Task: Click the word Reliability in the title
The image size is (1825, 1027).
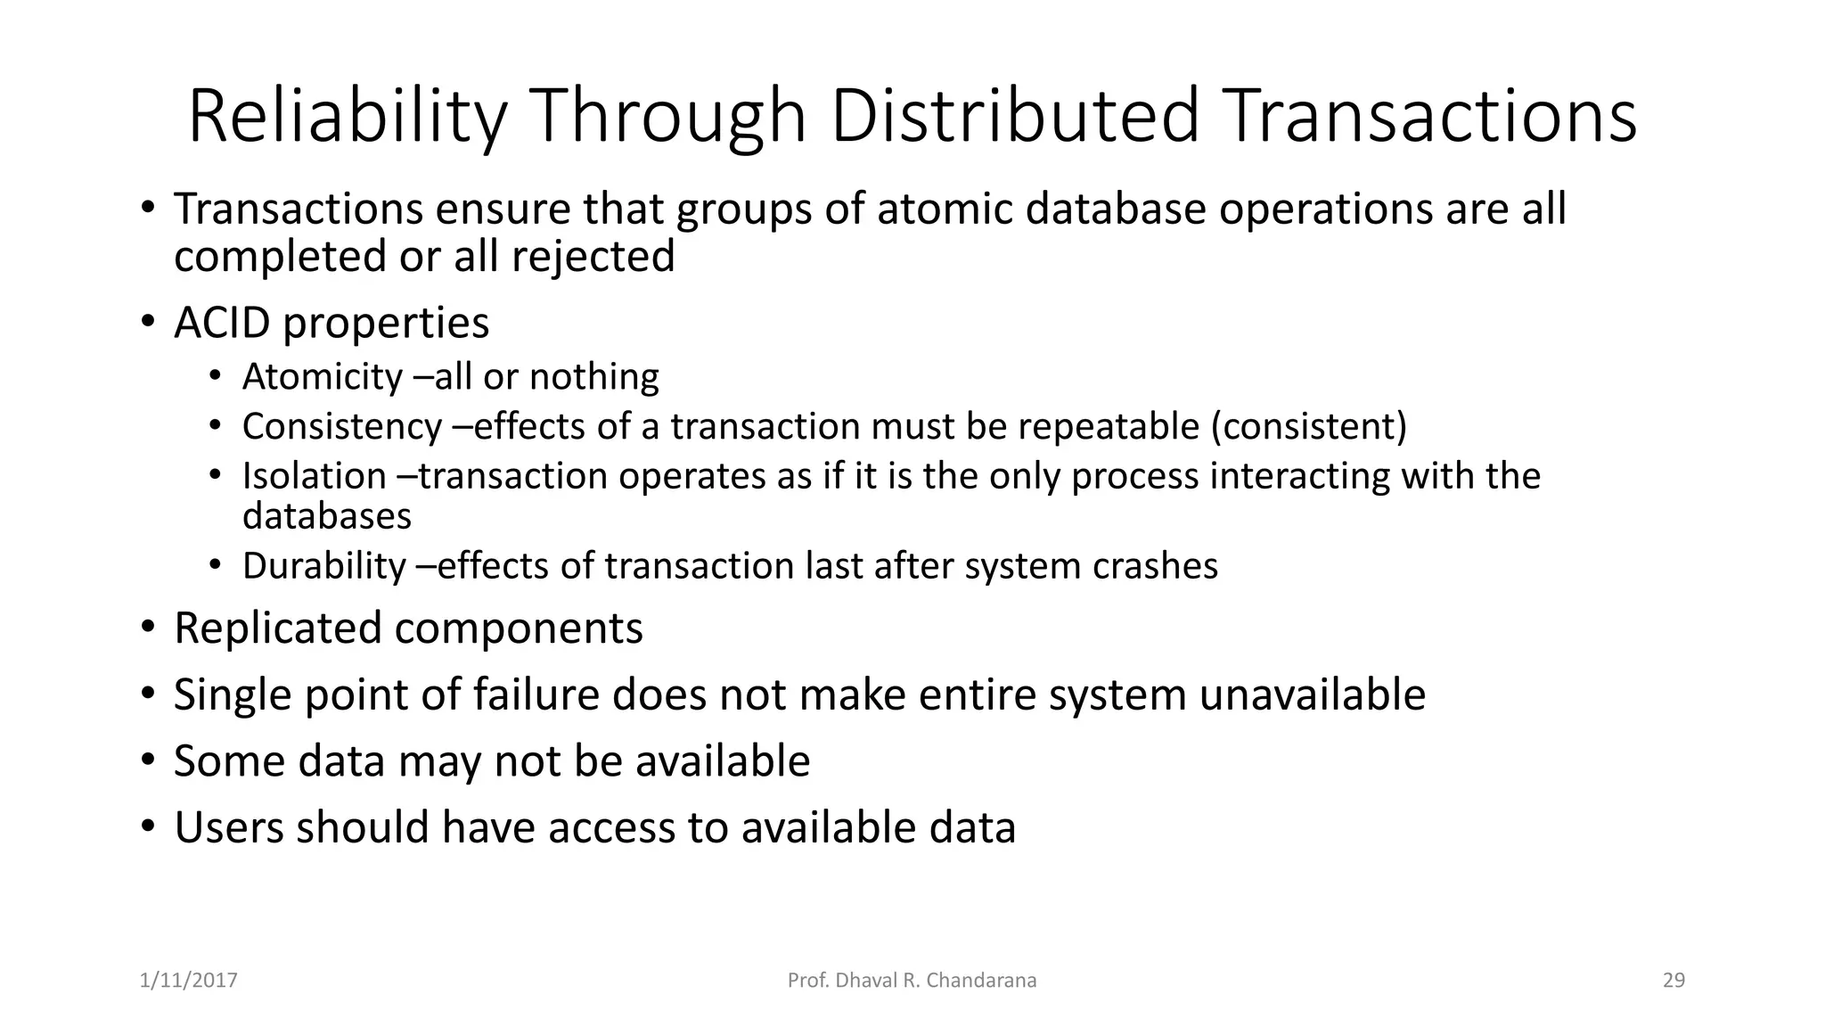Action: (347, 117)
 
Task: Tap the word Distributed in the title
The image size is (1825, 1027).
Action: (1015, 117)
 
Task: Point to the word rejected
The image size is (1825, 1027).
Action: (593, 257)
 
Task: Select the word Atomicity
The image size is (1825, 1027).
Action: (323, 377)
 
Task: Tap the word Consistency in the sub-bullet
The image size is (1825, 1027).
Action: (341, 427)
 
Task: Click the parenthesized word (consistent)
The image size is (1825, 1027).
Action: (1308, 427)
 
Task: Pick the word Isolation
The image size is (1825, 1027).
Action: (314, 476)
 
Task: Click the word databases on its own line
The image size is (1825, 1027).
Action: (327, 517)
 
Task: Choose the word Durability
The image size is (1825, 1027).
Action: (323, 567)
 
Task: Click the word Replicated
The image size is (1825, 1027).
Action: (277, 629)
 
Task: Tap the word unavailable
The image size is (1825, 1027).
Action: (1312, 695)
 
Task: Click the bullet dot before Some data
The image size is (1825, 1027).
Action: (147, 760)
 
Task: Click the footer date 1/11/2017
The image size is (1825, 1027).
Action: (189, 981)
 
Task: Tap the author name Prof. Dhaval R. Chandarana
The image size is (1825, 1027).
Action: (912, 981)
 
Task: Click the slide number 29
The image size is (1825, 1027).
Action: (1674, 981)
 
